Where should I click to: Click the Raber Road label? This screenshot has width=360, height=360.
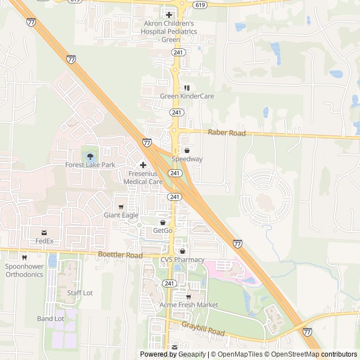click(227, 133)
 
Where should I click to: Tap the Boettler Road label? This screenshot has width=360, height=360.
click(120, 255)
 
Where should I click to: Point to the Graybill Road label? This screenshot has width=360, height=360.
click(203, 329)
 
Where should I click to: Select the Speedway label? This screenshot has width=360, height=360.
click(187, 159)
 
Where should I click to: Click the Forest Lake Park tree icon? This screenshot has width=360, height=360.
click(90, 156)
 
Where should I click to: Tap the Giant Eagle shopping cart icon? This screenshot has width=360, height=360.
click(121, 206)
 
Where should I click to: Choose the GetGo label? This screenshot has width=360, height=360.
click(163, 231)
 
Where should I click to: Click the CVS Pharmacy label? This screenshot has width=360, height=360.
click(182, 259)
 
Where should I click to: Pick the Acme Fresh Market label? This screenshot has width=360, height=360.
click(188, 304)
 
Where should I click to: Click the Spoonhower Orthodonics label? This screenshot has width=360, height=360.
click(24, 270)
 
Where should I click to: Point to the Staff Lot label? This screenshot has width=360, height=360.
click(80, 293)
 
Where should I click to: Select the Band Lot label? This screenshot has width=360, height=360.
click(51, 318)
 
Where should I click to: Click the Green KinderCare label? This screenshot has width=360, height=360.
click(187, 96)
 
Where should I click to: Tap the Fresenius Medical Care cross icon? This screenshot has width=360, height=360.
click(143, 165)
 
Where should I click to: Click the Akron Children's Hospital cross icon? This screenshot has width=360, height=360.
click(169, 15)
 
